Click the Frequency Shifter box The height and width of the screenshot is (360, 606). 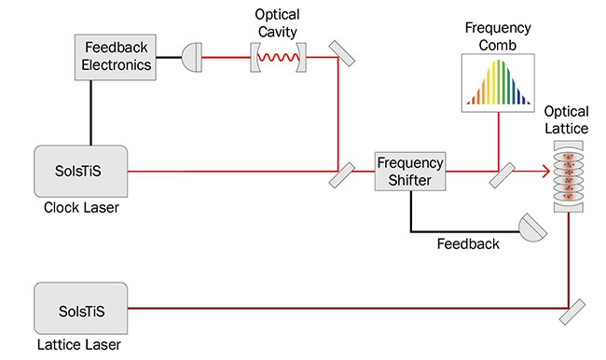(x=410, y=172)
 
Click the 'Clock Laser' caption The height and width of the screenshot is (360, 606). (x=81, y=207)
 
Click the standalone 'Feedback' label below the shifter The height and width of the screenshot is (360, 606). (x=468, y=244)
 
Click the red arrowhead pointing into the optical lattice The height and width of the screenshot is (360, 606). (x=543, y=172)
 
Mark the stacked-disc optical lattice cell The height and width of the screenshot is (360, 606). (x=568, y=173)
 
